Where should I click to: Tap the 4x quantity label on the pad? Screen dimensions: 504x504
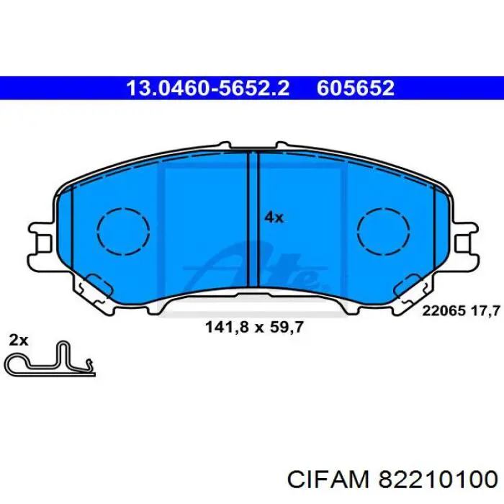pos(274,217)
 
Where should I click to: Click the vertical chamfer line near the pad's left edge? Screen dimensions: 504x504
pos(73,238)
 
